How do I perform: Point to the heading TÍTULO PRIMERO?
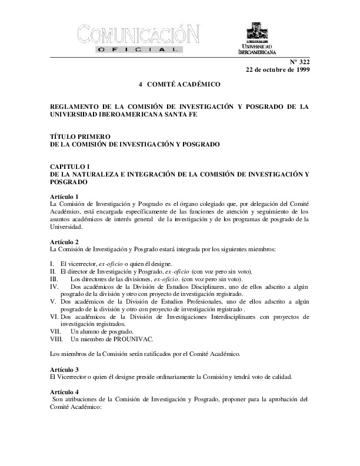tap(80, 136)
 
